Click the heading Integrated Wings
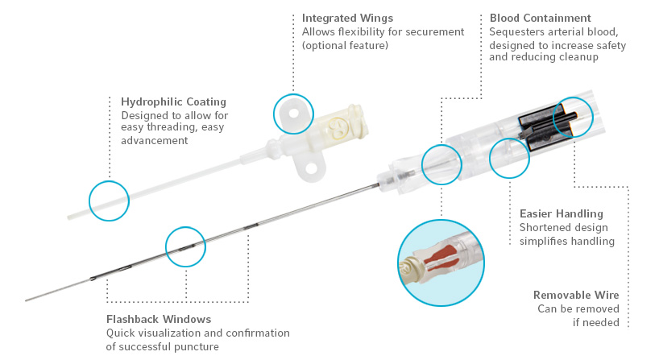(x=347, y=18)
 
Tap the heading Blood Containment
(x=540, y=18)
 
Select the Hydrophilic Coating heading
(x=173, y=102)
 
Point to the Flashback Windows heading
(x=159, y=319)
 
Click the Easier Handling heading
(x=561, y=213)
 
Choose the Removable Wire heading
(x=576, y=295)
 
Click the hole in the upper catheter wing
(x=293, y=114)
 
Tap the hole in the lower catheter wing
(x=311, y=169)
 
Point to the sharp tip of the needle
(x=26, y=300)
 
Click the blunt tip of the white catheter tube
(x=69, y=217)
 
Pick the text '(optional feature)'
(x=345, y=45)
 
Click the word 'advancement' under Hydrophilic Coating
(x=154, y=140)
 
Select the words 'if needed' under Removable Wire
(x=596, y=323)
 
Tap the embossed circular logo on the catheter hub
(x=336, y=127)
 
